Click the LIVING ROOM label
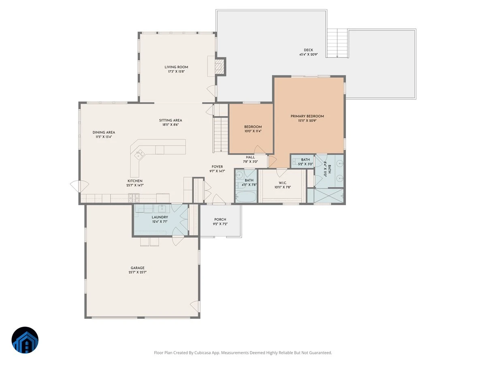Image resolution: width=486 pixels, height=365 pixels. point(176,67)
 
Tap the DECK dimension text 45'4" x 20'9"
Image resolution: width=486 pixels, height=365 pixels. point(309,54)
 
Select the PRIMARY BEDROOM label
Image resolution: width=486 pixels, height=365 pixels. point(307,116)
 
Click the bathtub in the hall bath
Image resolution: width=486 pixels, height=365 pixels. point(246,196)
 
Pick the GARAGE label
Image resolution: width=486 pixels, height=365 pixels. point(137,268)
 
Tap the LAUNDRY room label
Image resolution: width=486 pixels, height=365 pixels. point(160,217)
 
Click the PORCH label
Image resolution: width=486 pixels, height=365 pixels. point(220,219)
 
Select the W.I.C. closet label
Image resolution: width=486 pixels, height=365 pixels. point(283,183)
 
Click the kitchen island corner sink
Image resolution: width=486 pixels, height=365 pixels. point(139,154)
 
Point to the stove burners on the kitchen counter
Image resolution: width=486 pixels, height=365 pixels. point(134,198)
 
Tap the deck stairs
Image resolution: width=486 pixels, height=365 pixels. point(337,43)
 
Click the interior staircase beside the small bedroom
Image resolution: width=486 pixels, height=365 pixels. point(221,135)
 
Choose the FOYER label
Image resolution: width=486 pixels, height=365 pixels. point(217,167)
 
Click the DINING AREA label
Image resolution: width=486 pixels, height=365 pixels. point(104,132)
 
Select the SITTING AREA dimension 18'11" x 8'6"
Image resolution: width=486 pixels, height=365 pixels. point(171,125)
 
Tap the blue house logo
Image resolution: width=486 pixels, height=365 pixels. point(25,340)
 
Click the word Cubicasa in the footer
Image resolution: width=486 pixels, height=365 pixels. point(202,353)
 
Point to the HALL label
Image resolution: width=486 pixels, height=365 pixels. point(250,157)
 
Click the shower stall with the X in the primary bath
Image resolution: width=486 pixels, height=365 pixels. point(328,196)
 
